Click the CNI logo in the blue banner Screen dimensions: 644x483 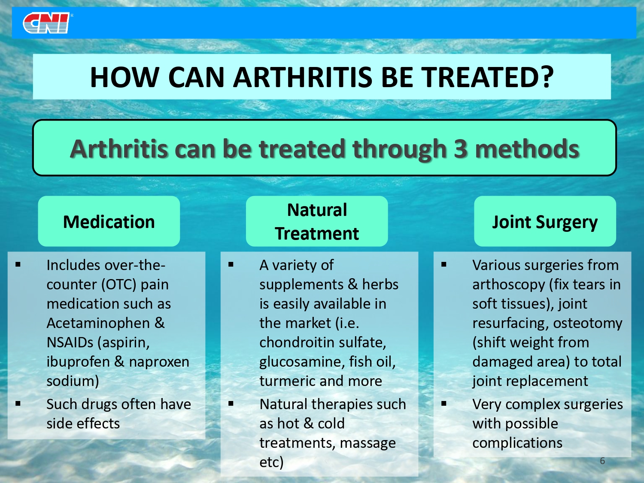point(46,23)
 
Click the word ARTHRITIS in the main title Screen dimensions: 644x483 point(303,77)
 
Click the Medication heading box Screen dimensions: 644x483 point(109,221)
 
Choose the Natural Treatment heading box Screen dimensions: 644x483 point(317,221)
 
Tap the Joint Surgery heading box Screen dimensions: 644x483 point(545,221)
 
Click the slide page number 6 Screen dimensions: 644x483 point(602,461)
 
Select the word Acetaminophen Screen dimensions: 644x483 point(98,323)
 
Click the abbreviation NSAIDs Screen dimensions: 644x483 point(70,343)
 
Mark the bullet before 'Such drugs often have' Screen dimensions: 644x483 point(18,404)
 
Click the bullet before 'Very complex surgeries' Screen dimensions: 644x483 point(444,404)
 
